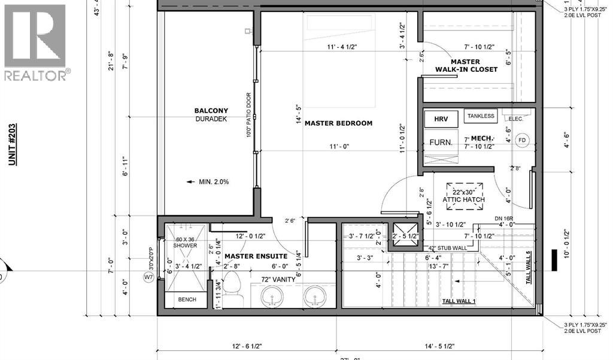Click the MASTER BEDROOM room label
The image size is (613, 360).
point(338,123)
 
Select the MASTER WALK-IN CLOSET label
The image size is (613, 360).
point(466,65)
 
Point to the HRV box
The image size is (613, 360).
point(441,118)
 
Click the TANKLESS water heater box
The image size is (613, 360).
point(481,116)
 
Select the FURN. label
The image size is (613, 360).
point(440,142)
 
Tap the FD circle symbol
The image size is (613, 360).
point(522,140)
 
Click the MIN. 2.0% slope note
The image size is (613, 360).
point(210,182)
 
